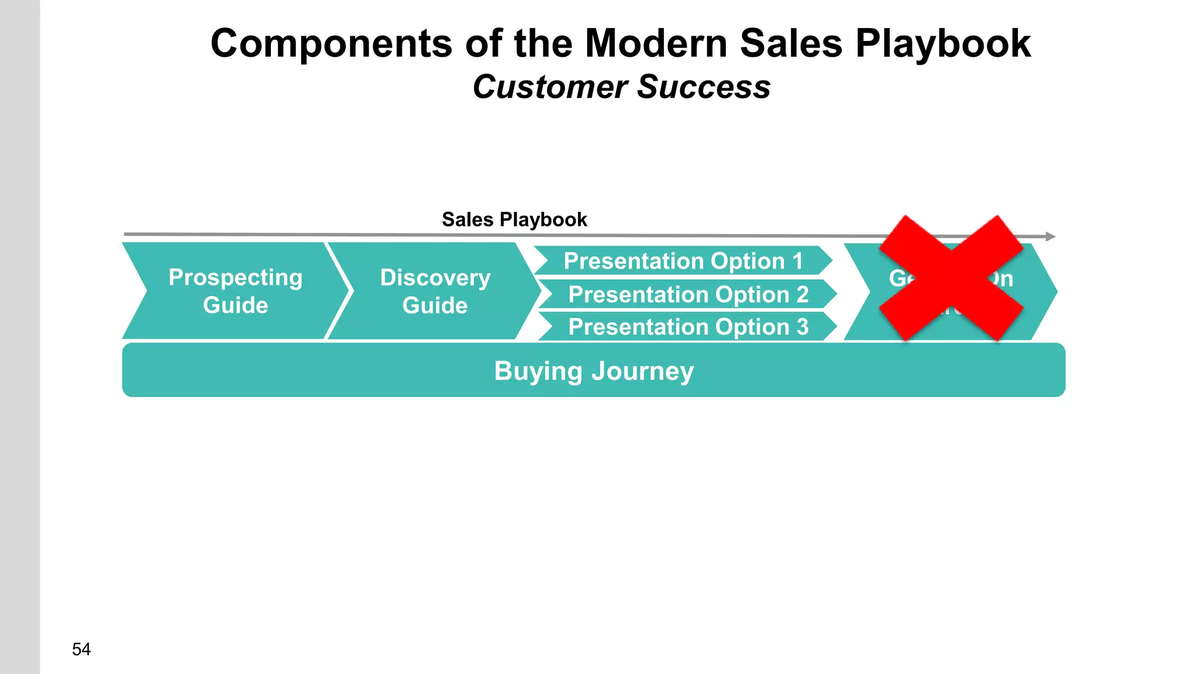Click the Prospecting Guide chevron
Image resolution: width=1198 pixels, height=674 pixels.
234,291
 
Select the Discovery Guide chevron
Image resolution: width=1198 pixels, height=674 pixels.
434,291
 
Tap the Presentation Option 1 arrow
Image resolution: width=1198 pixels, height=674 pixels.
682,261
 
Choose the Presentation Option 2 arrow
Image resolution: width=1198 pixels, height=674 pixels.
687,294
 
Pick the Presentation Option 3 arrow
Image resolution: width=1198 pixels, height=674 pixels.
687,326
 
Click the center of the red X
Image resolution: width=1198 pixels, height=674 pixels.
951,278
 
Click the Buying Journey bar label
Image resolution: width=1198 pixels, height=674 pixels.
593,371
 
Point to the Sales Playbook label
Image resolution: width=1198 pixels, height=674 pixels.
514,219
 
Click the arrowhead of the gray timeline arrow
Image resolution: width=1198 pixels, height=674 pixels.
1051,236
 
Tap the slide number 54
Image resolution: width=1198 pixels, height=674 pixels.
81,649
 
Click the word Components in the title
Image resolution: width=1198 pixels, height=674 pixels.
331,44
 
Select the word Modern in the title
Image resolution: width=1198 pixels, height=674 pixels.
656,44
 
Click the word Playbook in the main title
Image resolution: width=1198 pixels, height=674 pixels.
943,44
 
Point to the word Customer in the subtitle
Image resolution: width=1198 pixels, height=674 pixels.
550,87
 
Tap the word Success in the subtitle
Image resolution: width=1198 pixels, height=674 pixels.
704,87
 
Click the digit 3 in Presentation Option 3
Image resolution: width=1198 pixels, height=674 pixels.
803,326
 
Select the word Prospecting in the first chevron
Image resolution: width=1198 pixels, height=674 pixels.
235,277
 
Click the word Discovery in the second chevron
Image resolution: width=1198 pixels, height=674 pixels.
435,277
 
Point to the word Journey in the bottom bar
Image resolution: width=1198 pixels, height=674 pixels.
642,371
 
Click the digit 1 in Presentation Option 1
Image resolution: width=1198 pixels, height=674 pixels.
798,261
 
